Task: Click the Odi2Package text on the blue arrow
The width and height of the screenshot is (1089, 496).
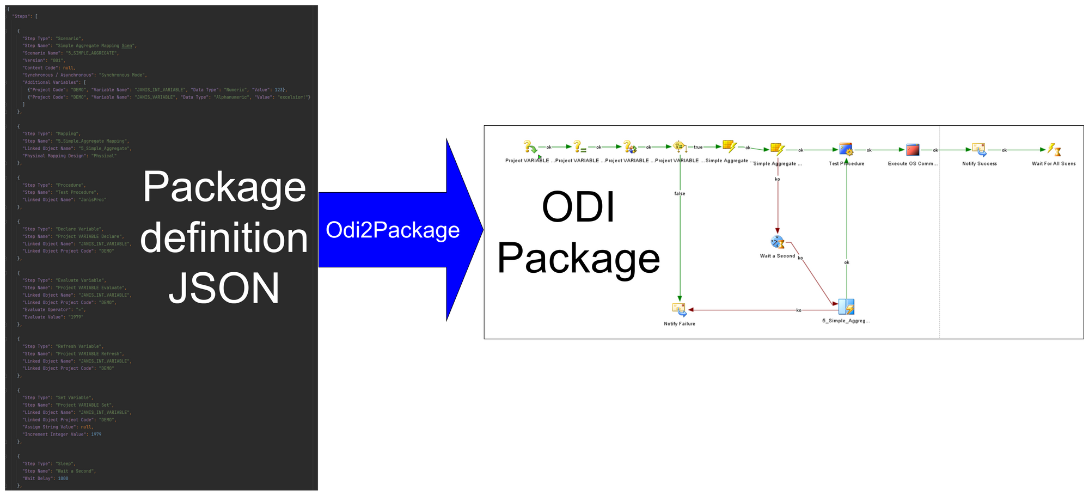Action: coord(393,230)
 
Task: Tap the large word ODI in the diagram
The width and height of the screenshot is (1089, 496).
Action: coord(578,207)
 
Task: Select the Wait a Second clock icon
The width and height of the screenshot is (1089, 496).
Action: coord(778,242)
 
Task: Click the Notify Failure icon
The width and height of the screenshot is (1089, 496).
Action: coord(679,309)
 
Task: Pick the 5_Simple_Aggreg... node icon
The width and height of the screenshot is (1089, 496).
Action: coord(846,307)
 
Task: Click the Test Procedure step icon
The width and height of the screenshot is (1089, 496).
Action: coord(846,149)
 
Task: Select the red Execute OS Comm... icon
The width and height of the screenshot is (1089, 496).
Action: coord(913,150)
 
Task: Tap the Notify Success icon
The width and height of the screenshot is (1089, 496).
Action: coord(979,150)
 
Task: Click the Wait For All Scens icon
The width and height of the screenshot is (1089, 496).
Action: coord(1054,150)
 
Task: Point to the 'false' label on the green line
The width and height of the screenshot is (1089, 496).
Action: coord(680,194)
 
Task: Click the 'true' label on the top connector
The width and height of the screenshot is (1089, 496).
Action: coord(698,147)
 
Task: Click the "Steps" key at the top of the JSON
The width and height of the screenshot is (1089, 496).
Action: coord(22,16)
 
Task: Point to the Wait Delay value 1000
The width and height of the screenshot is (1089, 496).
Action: coord(63,479)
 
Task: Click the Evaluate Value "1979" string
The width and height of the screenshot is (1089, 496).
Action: coord(76,317)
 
